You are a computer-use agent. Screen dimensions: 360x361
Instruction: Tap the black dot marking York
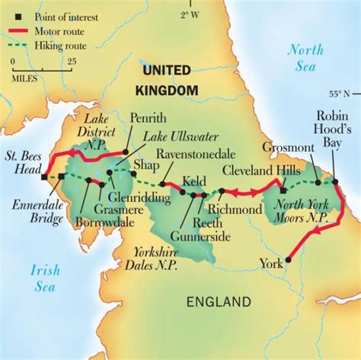click(x=288, y=262)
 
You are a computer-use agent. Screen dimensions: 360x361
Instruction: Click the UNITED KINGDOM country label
click(x=168, y=80)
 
